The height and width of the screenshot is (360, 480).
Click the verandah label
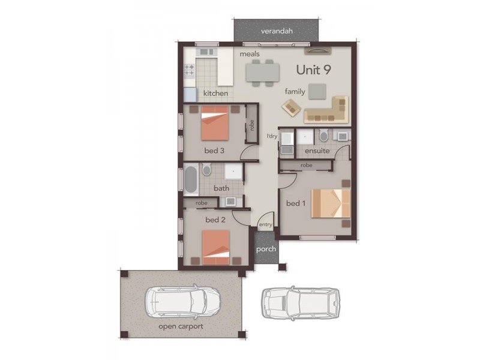[x=276, y=31]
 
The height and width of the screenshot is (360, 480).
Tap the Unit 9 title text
[x=314, y=69]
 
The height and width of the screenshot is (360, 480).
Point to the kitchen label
[x=215, y=93]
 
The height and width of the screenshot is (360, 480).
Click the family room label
[x=295, y=92]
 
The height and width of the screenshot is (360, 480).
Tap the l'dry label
[x=272, y=137]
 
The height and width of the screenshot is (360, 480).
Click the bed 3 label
[x=214, y=151]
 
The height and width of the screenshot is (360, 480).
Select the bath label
[x=221, y=188]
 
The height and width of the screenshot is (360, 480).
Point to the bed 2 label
[x=215, y=220]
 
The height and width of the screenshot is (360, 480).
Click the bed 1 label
[x=296, y=203]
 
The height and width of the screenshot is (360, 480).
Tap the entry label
[x=266, y=225]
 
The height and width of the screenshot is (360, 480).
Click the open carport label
[x=181, y=326]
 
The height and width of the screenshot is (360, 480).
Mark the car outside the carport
[x=301, y=303]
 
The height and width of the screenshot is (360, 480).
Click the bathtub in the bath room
[x=191, y=180]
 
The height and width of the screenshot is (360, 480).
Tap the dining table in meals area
[x=262, y=72]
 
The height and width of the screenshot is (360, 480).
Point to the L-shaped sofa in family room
[x=327, y=110]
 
